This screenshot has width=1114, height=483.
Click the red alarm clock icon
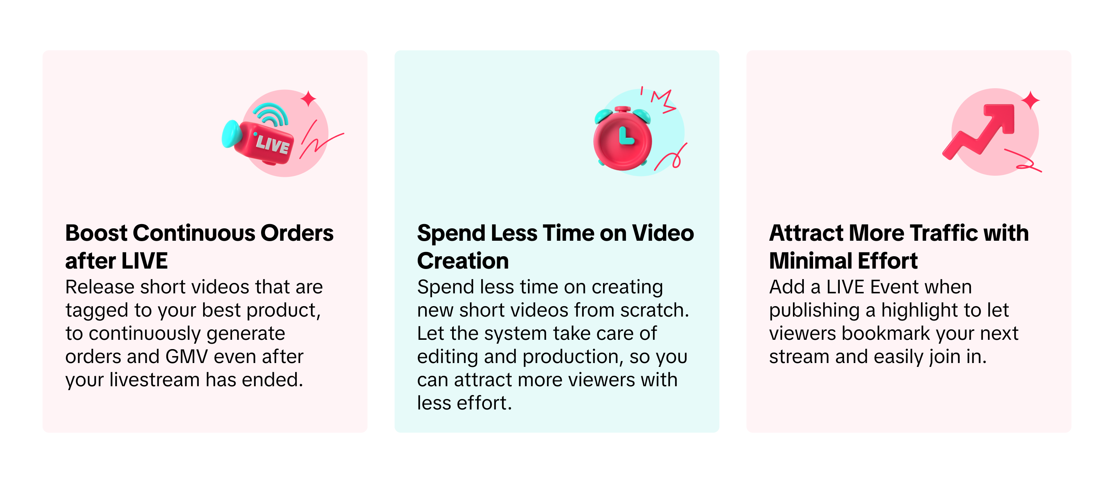623,138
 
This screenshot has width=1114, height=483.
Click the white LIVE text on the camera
272,144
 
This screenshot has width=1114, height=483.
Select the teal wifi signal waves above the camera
271,114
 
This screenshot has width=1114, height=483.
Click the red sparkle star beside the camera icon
308,99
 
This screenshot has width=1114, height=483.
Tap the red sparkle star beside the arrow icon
1030,100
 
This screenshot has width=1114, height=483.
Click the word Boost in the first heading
96,233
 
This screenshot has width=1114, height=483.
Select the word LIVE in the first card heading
144,261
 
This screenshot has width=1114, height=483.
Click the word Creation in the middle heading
463,261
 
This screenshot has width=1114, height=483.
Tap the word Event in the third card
895,287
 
